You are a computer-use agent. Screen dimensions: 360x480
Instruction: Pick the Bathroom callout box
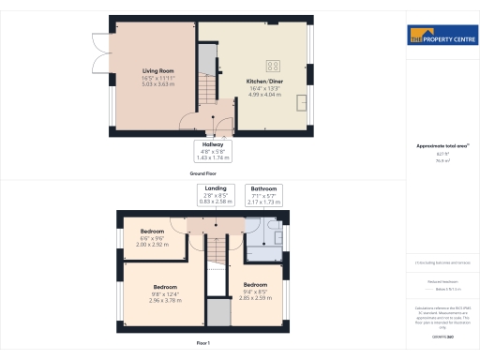pyautogui.click(x=263, y=195)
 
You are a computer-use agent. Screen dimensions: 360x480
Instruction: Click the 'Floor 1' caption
pyautogui.click(x=203, y=344)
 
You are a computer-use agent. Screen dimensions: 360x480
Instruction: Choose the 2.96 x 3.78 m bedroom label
pyautogui.click(x=166, y=292)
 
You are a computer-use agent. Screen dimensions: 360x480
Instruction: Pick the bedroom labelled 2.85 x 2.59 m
pyautogui.click(x=256, y=290)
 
